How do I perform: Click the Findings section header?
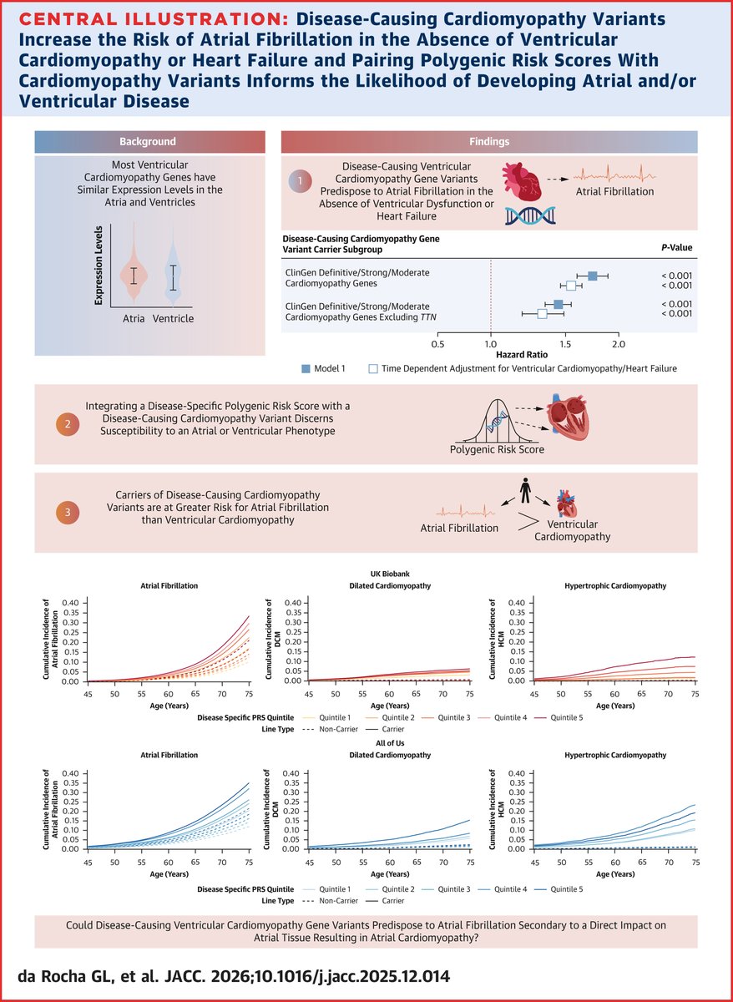pyautogui.click(x=488, y=142)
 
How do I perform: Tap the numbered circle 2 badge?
pyautogui.click(x=66, y=423)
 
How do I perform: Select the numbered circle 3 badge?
pyautogui.click(x=66, y=512)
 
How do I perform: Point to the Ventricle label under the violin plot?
pyautogui.click(x=174, y=319)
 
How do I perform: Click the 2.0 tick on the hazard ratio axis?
pyautogui.click(x=618, y=343)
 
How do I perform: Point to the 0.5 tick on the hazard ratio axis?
pyautogui.click(x=437, y=343)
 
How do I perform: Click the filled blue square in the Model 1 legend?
pyautogui.click(x=306, y=367)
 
